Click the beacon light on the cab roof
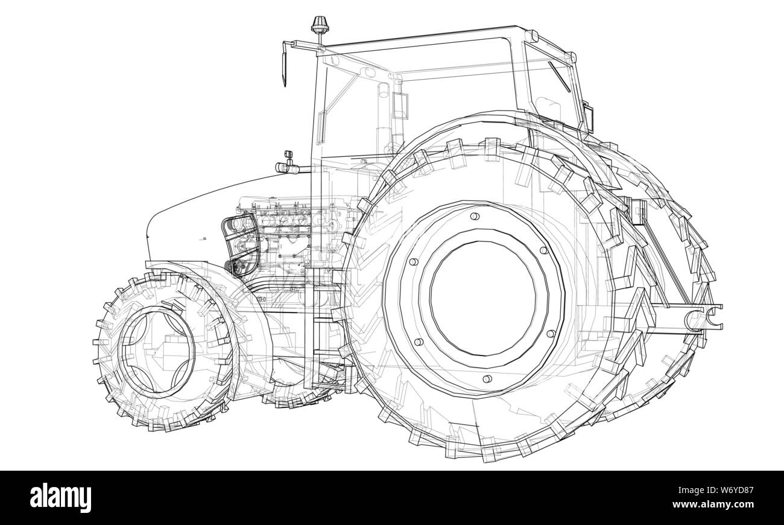tap(318, 27)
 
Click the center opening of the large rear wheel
tap(482, 298)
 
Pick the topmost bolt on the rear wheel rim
tap(474, 216)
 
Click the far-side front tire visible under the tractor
tap(296, 386)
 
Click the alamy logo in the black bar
tap(61, 498)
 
